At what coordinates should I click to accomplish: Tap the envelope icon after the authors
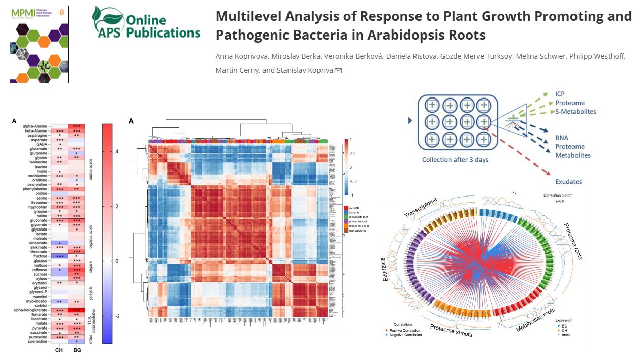click(338, 70)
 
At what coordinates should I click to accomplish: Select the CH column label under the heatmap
click(59, 350)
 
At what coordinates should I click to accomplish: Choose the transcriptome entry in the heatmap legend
click(358, 231)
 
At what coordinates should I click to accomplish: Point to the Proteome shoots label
click(451, 330)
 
